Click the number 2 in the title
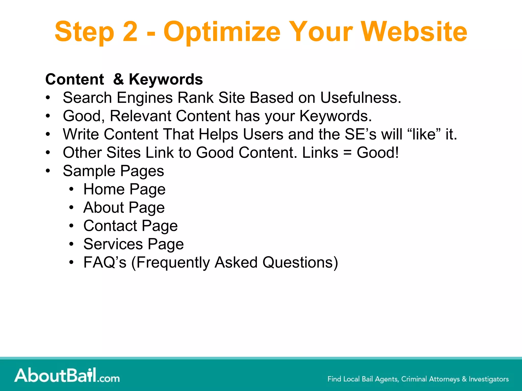coord(130,32)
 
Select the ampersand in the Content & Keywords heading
coord(119,79)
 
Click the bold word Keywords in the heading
coord(166,79)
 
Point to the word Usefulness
coord(360,97)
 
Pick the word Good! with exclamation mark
coord(377,152)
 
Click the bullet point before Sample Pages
coord(48,171)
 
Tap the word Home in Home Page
coord(104,189)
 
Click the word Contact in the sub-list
coord(110,226)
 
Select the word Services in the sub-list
coord(113,244)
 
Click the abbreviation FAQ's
coord(105,262)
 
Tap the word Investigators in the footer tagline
coord(489,379)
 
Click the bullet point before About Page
coord(71,207)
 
